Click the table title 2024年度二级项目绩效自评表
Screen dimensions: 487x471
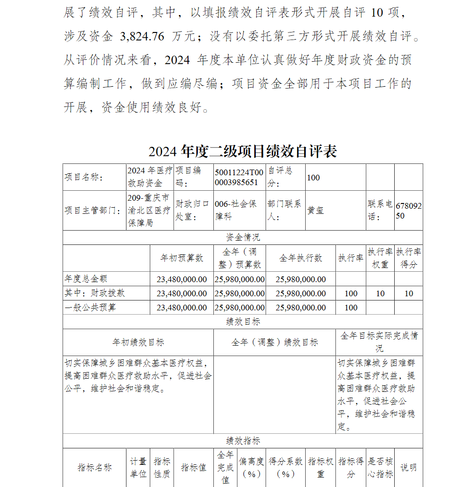click(243, 152)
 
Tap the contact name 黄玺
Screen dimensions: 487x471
click(315, 211)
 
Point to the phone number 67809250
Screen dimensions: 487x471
click(408, 211)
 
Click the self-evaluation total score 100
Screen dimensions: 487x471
click(313, 178)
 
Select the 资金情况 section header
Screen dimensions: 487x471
click(243, 237)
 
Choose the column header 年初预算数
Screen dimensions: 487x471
click(181, 258)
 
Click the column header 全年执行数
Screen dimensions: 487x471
click(300, 258)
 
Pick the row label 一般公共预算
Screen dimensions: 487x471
click(90, 308)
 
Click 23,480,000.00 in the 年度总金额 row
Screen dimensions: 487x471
click(181, 279)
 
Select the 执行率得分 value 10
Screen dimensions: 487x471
click(408, 293)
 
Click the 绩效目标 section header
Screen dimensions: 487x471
click(243, 322)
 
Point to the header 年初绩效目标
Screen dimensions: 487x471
click(138, 342)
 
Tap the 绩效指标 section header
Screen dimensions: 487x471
click(243, 441)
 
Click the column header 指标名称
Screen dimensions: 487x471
click(95, 467)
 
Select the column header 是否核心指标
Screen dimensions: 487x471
click(380, 467)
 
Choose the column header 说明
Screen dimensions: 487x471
click(408, 467)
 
